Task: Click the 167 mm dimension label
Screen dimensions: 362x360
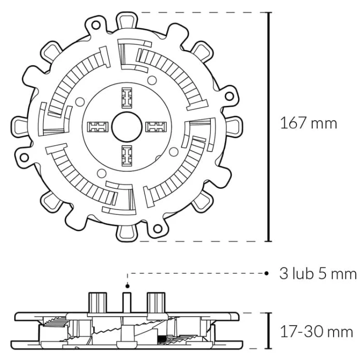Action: point(308,123)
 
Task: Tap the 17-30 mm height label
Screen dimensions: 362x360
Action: point(317,332)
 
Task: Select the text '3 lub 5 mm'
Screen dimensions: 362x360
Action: point(318,274)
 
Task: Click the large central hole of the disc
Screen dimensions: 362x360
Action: point(127,127)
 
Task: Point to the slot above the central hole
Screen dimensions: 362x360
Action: point(127,98)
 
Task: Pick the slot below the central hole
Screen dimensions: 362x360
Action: point(127,156)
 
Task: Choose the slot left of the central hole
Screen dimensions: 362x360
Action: point(97,127)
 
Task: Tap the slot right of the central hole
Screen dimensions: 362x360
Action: point(156,127)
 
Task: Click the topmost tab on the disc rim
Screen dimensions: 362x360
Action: point(127,21)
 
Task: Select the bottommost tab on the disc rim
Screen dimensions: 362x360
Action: point(127,233)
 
